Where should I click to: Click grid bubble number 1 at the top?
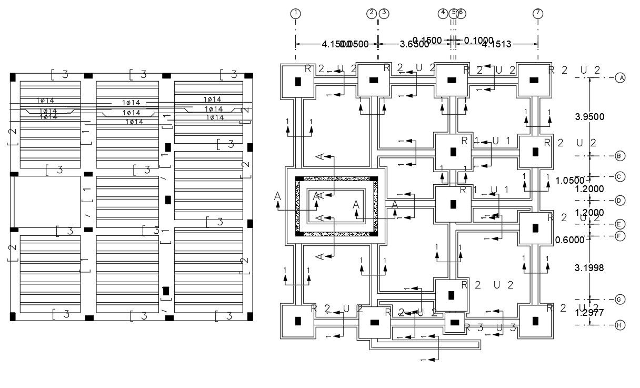tap(296, 13)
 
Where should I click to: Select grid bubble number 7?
tap(537, 13)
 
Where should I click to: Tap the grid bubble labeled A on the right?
tap(621, 78)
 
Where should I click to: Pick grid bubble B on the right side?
tap(621, 156)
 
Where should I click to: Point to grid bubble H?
tap(621, 325)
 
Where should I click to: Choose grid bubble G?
tap(621, 300)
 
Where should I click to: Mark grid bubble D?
tap(621, 200)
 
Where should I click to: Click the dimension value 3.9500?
tap(589, 117)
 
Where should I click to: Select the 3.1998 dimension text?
tap(589, 268)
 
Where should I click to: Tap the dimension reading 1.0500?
tap(571, 181)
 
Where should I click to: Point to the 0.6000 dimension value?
tap(571, 240)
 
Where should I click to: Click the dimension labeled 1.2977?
tap(589, 313)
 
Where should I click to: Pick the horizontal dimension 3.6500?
tap(414, 45)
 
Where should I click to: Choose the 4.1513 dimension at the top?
tap(496, 45)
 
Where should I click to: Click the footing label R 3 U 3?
tap(491, 327)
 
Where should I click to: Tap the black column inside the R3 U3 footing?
tap(455, 322)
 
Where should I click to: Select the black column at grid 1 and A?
tap(297, 81)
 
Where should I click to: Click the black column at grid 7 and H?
tap(535, 321)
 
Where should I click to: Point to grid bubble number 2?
tap(372, 13)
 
